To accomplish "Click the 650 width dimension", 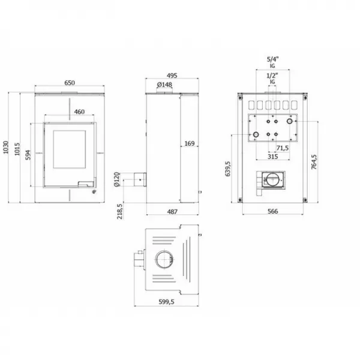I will pos(70,83).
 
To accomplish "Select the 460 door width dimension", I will pos(79,112).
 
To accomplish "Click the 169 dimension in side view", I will pos(189,143).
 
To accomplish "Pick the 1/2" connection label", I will pos(271,77).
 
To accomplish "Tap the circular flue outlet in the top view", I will pos(163,260).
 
